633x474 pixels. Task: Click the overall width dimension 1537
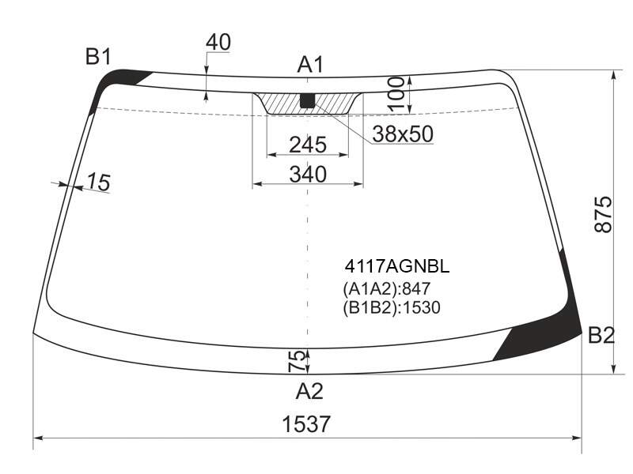tap(306, 424)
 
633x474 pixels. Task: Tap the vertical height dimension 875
tap(604, 214)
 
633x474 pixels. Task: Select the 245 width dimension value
tap(308, 145)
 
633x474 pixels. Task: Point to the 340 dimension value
tap(308, 175)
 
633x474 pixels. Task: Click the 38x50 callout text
tap(403, 134)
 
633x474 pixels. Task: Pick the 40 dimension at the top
tap(218, 42)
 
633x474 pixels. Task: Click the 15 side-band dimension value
tap(98, 182)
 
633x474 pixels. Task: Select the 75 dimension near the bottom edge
tap(297, 360)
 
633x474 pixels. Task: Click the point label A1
tap(310, 65)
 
